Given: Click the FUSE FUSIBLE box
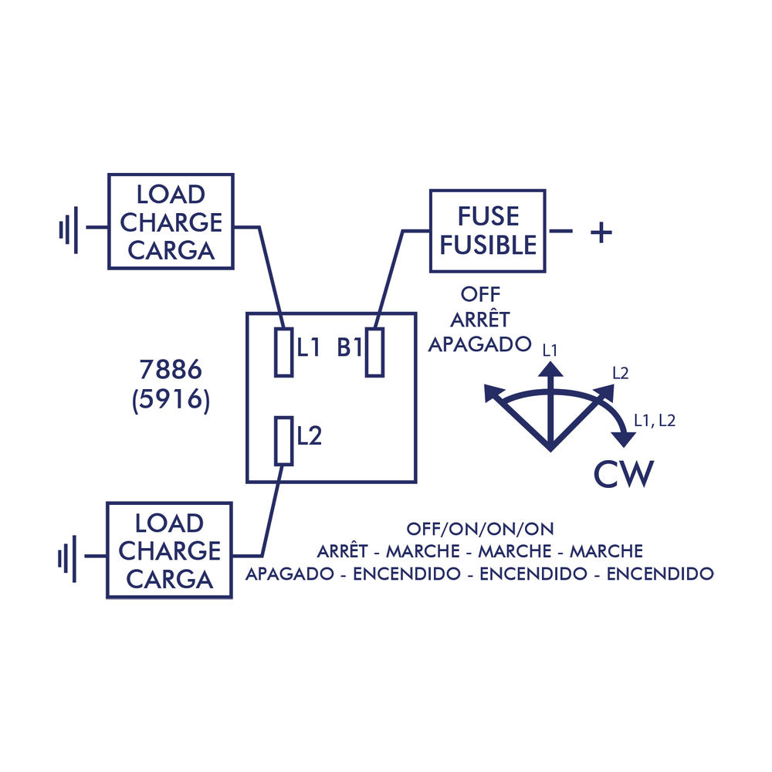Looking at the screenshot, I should [487, 231].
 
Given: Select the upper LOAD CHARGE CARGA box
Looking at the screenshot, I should [171, 222].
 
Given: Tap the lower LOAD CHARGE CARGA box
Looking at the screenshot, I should [169, 550].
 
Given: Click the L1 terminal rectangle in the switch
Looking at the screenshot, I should [283, 352].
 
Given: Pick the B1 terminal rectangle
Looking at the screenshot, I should [374, 352].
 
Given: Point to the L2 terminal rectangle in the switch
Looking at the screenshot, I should [283, 441].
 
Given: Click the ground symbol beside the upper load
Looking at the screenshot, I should [69, 229].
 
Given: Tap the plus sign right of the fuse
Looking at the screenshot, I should [601, 232].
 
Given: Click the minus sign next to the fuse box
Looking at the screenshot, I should [562, 232].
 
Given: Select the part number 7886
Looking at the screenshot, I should [171, 371].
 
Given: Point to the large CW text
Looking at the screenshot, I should [624, 474].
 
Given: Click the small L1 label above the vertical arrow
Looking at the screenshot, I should [550, 350].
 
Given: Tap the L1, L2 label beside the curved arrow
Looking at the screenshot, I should [655, 421].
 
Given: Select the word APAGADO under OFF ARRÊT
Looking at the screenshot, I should [480, 344].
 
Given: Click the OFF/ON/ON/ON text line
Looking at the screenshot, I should [480, 530].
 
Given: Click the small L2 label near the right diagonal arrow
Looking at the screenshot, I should [620, 373].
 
